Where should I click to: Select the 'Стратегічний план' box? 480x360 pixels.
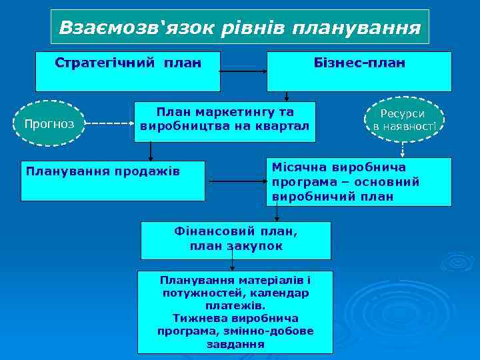coord(128,71)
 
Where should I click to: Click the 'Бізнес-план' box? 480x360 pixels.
coord(359,71)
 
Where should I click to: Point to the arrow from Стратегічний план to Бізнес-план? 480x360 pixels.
coord(243,71)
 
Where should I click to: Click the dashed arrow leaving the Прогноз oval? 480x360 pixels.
coord(109,124)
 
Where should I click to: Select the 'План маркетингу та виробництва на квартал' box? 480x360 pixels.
coord(225,121)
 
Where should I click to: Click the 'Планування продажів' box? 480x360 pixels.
coord(113,181)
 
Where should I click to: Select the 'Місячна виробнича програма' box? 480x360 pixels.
coord(359,181)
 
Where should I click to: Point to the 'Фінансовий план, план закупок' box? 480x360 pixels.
coord(235,240)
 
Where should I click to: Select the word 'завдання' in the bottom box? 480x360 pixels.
coord(235,344)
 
